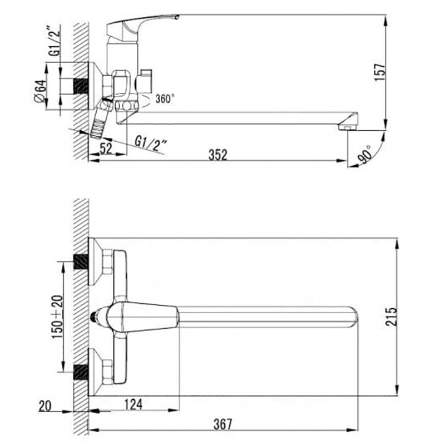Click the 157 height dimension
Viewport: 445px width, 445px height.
[380, 72]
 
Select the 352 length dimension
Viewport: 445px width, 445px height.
[218, 155]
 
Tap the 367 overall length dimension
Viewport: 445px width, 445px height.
[223, 424]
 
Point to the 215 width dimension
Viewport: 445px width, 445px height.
[391, 316]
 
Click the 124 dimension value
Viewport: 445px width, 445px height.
[133, 404]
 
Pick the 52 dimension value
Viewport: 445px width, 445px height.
[106, 148]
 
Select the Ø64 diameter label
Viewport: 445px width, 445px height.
[40, 91]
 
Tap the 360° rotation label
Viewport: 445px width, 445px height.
[165, 99]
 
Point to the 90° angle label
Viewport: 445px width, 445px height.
[365, 154]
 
